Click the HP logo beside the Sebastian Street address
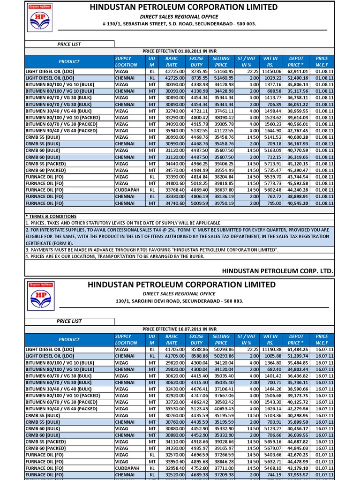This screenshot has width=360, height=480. (39, 21)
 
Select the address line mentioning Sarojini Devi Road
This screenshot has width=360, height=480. (180, 301)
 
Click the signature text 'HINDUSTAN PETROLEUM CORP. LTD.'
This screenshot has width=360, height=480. (277, 271)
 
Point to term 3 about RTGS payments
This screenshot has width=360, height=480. (152, 250)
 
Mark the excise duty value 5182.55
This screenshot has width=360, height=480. (198, 131)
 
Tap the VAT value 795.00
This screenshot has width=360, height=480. (273, 203)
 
